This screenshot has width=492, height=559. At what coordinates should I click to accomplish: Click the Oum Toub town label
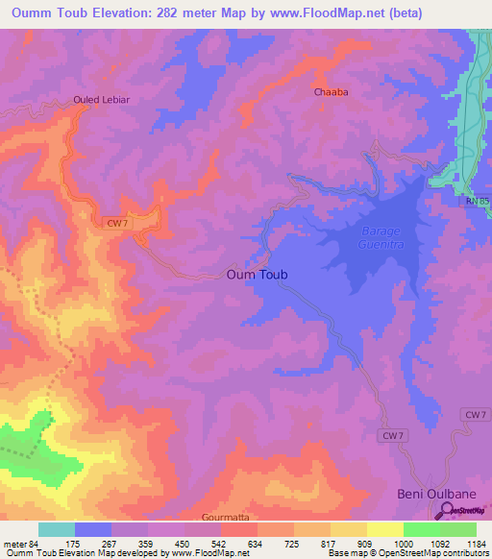(x=257, y=275)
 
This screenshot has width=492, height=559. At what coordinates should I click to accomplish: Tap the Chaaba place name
(x=331, y=93)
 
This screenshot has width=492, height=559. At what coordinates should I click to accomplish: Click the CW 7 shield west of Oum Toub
(x=116, y=223)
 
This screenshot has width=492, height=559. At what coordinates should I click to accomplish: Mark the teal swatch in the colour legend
(x=56, y=529)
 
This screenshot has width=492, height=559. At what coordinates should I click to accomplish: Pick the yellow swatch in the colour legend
(x=384, y=529)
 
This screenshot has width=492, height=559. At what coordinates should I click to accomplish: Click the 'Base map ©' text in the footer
(x=354, y=554)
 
